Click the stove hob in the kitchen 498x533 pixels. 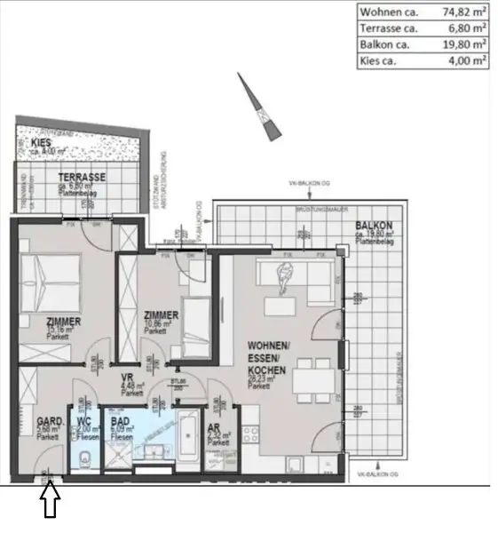[251, 435]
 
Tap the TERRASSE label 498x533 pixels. [82, 177]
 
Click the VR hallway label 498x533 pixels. [127, 376]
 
